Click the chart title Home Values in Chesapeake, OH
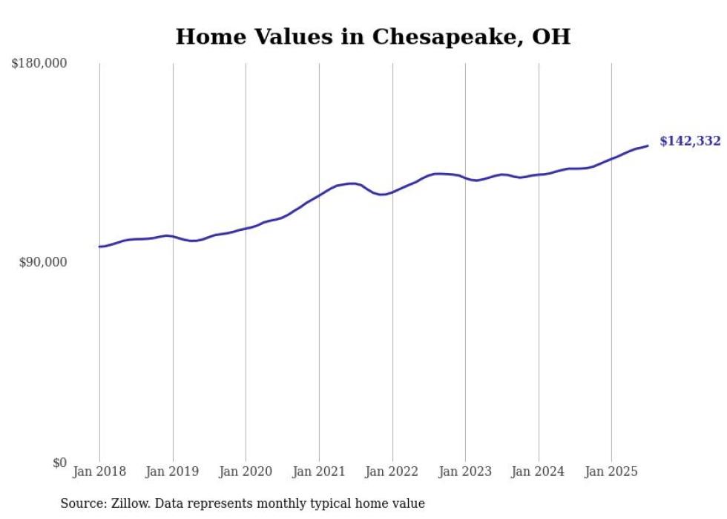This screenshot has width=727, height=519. point(373,36)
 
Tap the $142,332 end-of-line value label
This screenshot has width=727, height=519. point(690,141)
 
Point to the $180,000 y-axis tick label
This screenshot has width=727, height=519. point(39,64)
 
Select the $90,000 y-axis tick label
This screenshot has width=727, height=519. point(43,262)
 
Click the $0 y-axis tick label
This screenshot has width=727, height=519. point(59,463)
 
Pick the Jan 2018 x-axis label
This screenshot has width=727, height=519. point(99,471)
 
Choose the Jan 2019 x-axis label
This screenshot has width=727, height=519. point(173,471)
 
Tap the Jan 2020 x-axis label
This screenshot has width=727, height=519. point(246,471)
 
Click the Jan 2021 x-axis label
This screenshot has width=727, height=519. point(319,471)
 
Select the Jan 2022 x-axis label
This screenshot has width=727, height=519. point(392,471)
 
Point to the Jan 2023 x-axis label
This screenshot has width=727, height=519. point(465,471)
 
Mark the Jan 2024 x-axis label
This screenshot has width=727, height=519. point(539,471)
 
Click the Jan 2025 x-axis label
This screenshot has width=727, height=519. point(611,471)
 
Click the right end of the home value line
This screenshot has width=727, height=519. point(648,146)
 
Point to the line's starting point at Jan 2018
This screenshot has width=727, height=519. point(99,247)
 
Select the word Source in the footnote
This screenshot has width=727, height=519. point(80,503)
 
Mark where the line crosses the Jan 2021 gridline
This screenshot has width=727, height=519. point(319,195)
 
